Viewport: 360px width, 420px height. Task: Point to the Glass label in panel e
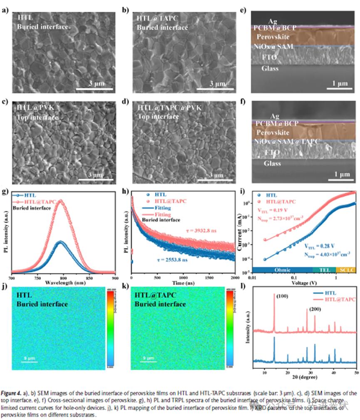[x=270, y=68]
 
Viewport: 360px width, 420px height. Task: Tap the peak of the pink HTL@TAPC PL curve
[x=62, y=201]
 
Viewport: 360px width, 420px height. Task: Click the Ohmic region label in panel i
[x=283, y=270]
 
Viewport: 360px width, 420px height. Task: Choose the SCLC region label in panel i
[x=346, y=270]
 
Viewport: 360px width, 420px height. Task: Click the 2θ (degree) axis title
[x=308, y=378]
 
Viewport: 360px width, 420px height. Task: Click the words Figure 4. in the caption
[x=15, y=393]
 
